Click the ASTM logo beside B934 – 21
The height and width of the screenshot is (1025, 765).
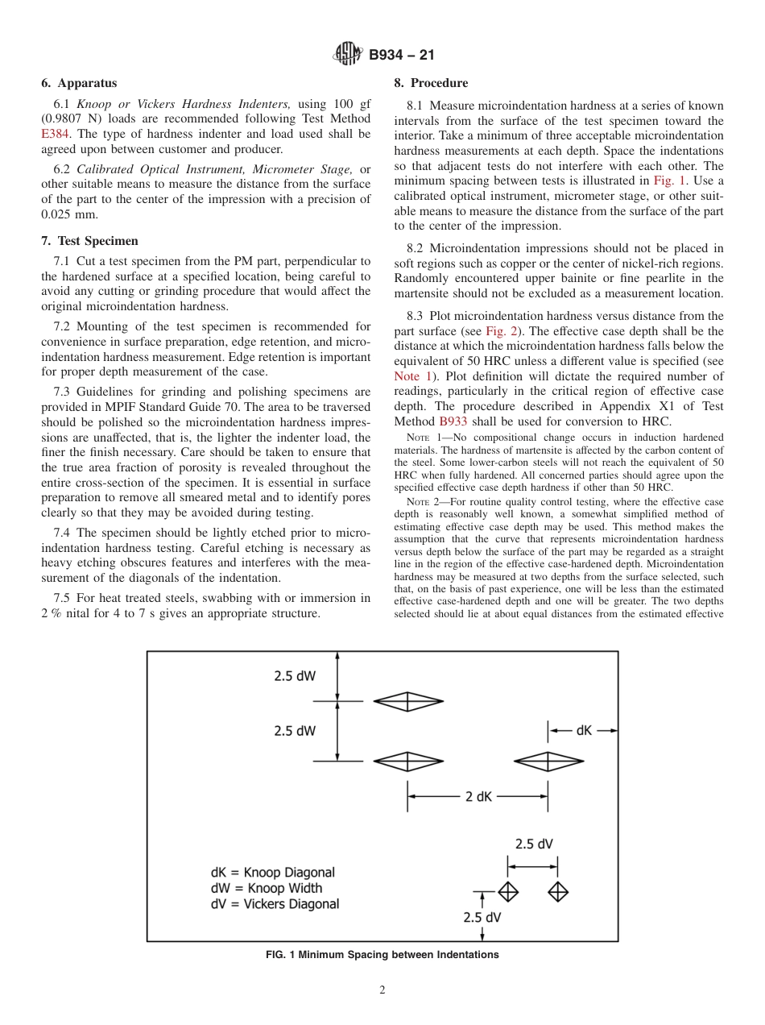pos(348,55)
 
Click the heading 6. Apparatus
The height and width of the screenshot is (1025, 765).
pos(79,83)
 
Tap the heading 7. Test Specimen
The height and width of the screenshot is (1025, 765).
pos(89,241)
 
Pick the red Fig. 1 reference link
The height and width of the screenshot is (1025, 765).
pos(668,180)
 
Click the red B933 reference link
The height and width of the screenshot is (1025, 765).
pos(453,421)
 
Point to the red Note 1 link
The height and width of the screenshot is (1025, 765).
pos(413,376)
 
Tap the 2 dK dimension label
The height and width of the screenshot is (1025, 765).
pos(478,796)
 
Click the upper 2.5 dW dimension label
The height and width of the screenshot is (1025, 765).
pos(294,676)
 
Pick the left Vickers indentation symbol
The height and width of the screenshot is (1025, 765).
pos(507,892)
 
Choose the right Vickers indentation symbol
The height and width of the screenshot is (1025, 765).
pos(558,892)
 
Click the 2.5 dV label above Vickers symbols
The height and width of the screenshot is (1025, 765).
pos(534,844)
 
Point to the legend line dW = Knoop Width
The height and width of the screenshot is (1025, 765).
pos(266,888)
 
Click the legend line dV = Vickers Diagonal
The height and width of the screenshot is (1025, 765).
pos(275,904)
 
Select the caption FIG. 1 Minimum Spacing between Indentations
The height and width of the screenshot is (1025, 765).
pos(382,955)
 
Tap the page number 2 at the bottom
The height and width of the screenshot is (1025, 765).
pos(382,990)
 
